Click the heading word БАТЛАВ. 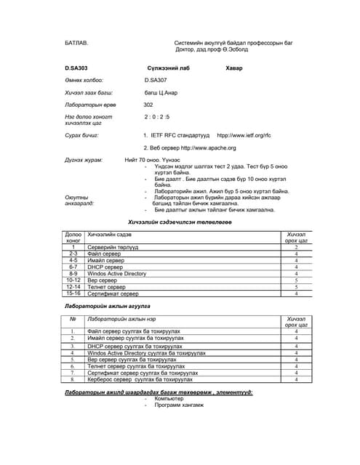pyautogui.click(x=76, y=44)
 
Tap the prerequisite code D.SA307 pyautogui.click(x=156, y=80)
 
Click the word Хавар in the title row pyautogui.click(x=236, y=68)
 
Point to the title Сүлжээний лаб pyautogui.click(x=168, y=68)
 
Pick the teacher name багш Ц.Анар pyautogui.click(x=161, y=93)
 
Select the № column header pyautogui.click(x=73, y=319)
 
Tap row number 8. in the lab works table pyautogui.click(x=73, y=379)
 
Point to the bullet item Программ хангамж pyautogui.click(x=179, y=405)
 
